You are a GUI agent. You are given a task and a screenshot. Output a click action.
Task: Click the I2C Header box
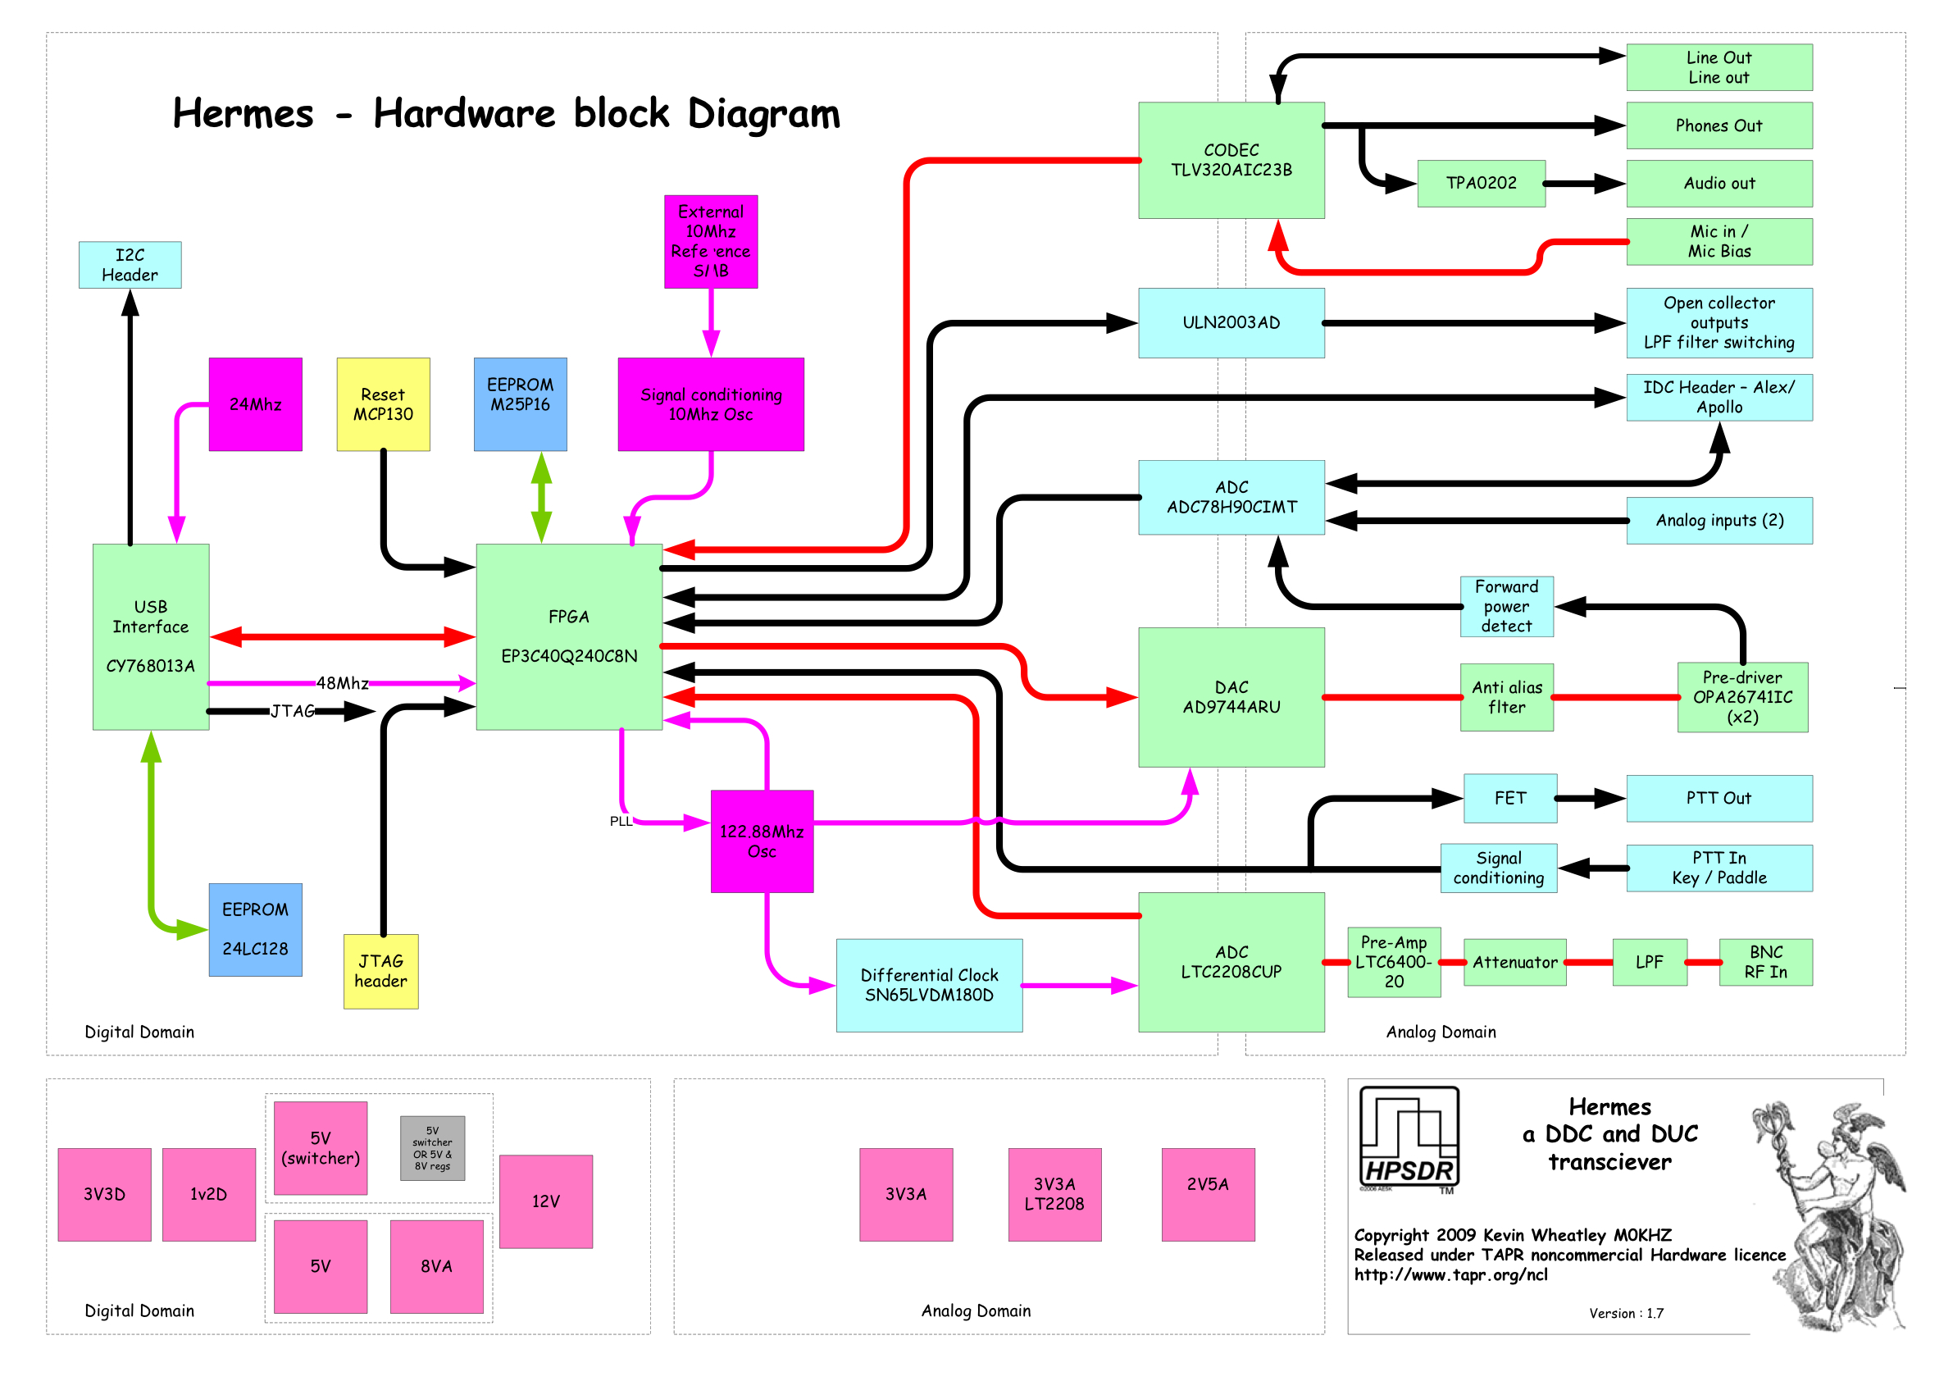[x=130, y=265]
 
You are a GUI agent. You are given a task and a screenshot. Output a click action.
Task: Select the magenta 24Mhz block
[x=255, y=404]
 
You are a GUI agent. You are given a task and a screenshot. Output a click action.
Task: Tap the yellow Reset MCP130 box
[x=383, y=404]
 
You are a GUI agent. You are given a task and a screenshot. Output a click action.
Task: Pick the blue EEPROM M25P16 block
[x=520, y=404]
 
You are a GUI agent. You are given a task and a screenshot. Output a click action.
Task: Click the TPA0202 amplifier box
[x=1480, y=183]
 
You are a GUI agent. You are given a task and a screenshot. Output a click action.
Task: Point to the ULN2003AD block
[x=1231, y=322]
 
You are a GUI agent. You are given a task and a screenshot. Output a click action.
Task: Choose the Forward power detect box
[x=1506, y=606]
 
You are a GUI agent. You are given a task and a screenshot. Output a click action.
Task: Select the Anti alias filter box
[x=1506, y=697]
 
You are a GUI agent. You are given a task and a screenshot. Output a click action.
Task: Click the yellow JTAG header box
[x=380, y=971]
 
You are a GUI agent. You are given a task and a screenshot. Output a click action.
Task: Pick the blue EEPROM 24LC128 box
[x=255, y=929]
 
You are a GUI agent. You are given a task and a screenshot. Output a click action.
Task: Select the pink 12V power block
[x=545, y=1201]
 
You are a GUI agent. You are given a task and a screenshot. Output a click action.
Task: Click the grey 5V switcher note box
[x=432, y=1148]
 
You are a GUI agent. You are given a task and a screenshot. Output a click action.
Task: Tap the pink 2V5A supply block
[x=1207, y=1194]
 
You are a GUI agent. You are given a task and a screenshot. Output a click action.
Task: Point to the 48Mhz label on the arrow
[x=342, y=682]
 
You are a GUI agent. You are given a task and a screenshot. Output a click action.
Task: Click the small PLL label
[x=621, y=821]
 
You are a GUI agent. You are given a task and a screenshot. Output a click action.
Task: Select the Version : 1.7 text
[x=1626, y=1313]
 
